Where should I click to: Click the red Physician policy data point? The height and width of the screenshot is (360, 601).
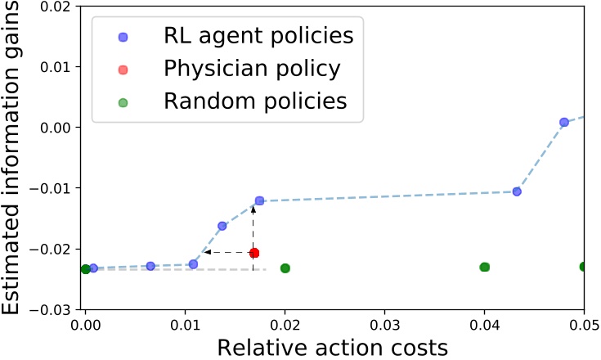coord(254,253)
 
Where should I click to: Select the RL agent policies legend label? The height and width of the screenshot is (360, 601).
coord(258,36)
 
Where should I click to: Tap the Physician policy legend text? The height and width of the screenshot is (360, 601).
coord(251,69)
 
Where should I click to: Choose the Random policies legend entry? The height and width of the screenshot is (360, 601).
coord(255,101)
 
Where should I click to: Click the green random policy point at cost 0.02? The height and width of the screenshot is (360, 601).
coord(285,268)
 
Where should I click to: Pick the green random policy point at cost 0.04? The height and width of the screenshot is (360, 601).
coord(484,268)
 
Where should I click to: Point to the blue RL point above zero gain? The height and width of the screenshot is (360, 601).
coord(564,122)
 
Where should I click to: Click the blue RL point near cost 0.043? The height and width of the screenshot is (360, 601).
coord(517,191)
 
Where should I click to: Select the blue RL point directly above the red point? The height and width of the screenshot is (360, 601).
coord(259,200)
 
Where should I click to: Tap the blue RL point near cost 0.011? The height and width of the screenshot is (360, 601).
coord(194,264)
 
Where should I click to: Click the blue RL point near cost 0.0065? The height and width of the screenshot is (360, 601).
coord(150,266)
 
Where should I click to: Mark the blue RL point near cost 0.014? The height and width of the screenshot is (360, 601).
coord(222,226)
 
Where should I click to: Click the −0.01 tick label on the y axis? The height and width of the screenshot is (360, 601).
coord(51,188)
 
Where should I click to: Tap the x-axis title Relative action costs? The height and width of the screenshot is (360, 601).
coord(333,347)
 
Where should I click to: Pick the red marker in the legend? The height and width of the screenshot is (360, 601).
coord(123,70)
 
